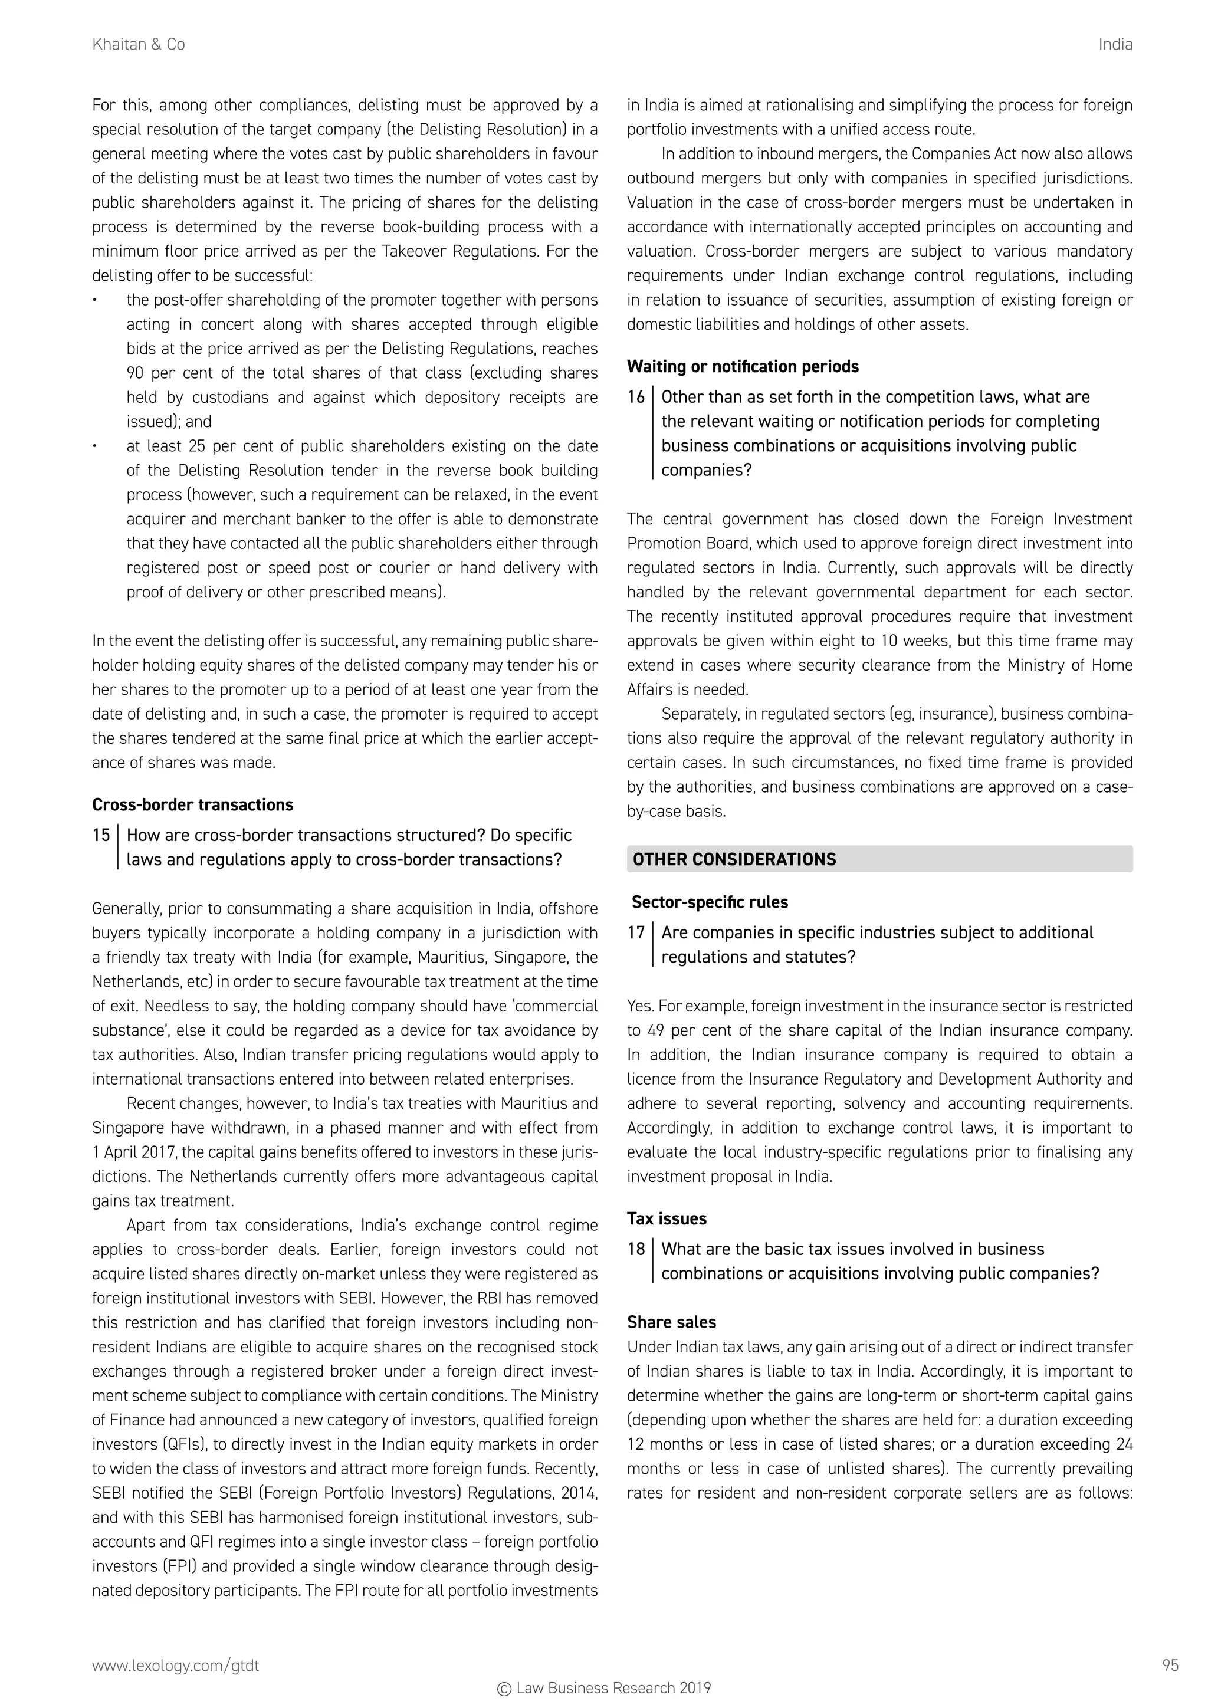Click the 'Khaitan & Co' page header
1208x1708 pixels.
click(x=139, y=45)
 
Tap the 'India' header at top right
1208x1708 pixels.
click(x=1114, y=45)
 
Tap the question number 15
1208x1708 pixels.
click(x=101, y=835)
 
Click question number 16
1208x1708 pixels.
click(x=635, y=396)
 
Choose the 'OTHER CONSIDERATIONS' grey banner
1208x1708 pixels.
click(x=879, y=859)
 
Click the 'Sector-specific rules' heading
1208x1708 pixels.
click(x=709, y=902)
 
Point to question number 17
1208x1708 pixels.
click(x=635, y=932)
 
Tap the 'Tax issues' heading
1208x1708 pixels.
click(x=666, y=1218)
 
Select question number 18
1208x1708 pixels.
click(x=635, y=1249)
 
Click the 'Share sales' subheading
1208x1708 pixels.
click(x=671, y=1322)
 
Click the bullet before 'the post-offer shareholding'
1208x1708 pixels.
click(x=95, y=301)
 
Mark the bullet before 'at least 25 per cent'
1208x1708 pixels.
click(x=95, y=446)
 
